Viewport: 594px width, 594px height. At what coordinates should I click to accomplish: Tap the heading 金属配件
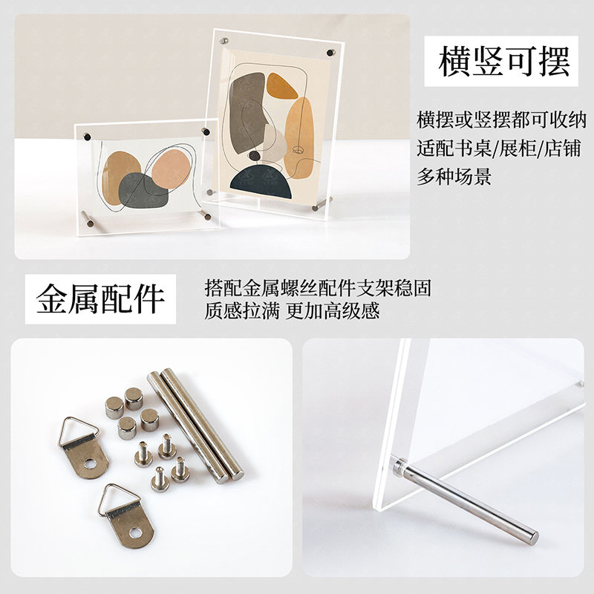tap(100, 298)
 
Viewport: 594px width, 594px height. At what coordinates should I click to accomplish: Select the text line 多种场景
tap(454, 177)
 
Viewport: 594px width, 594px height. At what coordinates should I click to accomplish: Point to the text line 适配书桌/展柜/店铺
tap(502, 148)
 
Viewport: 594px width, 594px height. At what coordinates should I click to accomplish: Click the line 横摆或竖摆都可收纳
tap(502, 120)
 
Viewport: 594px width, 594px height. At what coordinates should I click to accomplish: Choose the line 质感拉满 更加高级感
tap(292, 310)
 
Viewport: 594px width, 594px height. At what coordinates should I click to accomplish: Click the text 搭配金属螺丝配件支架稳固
tap(318, 287)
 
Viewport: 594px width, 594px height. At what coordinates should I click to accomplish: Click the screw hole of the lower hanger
tap(135, 532)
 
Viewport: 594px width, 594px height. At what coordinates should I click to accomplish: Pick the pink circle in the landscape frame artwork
tap(169, 169)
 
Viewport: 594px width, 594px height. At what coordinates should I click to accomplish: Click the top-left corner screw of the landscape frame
tap(87, 136)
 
